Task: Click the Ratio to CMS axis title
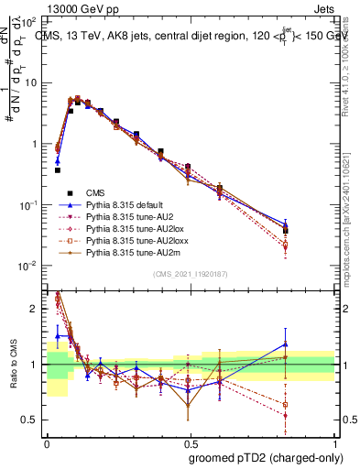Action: (12, 366)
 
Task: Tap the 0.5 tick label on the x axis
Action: (189, 443)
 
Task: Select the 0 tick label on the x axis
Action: (47, 443)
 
